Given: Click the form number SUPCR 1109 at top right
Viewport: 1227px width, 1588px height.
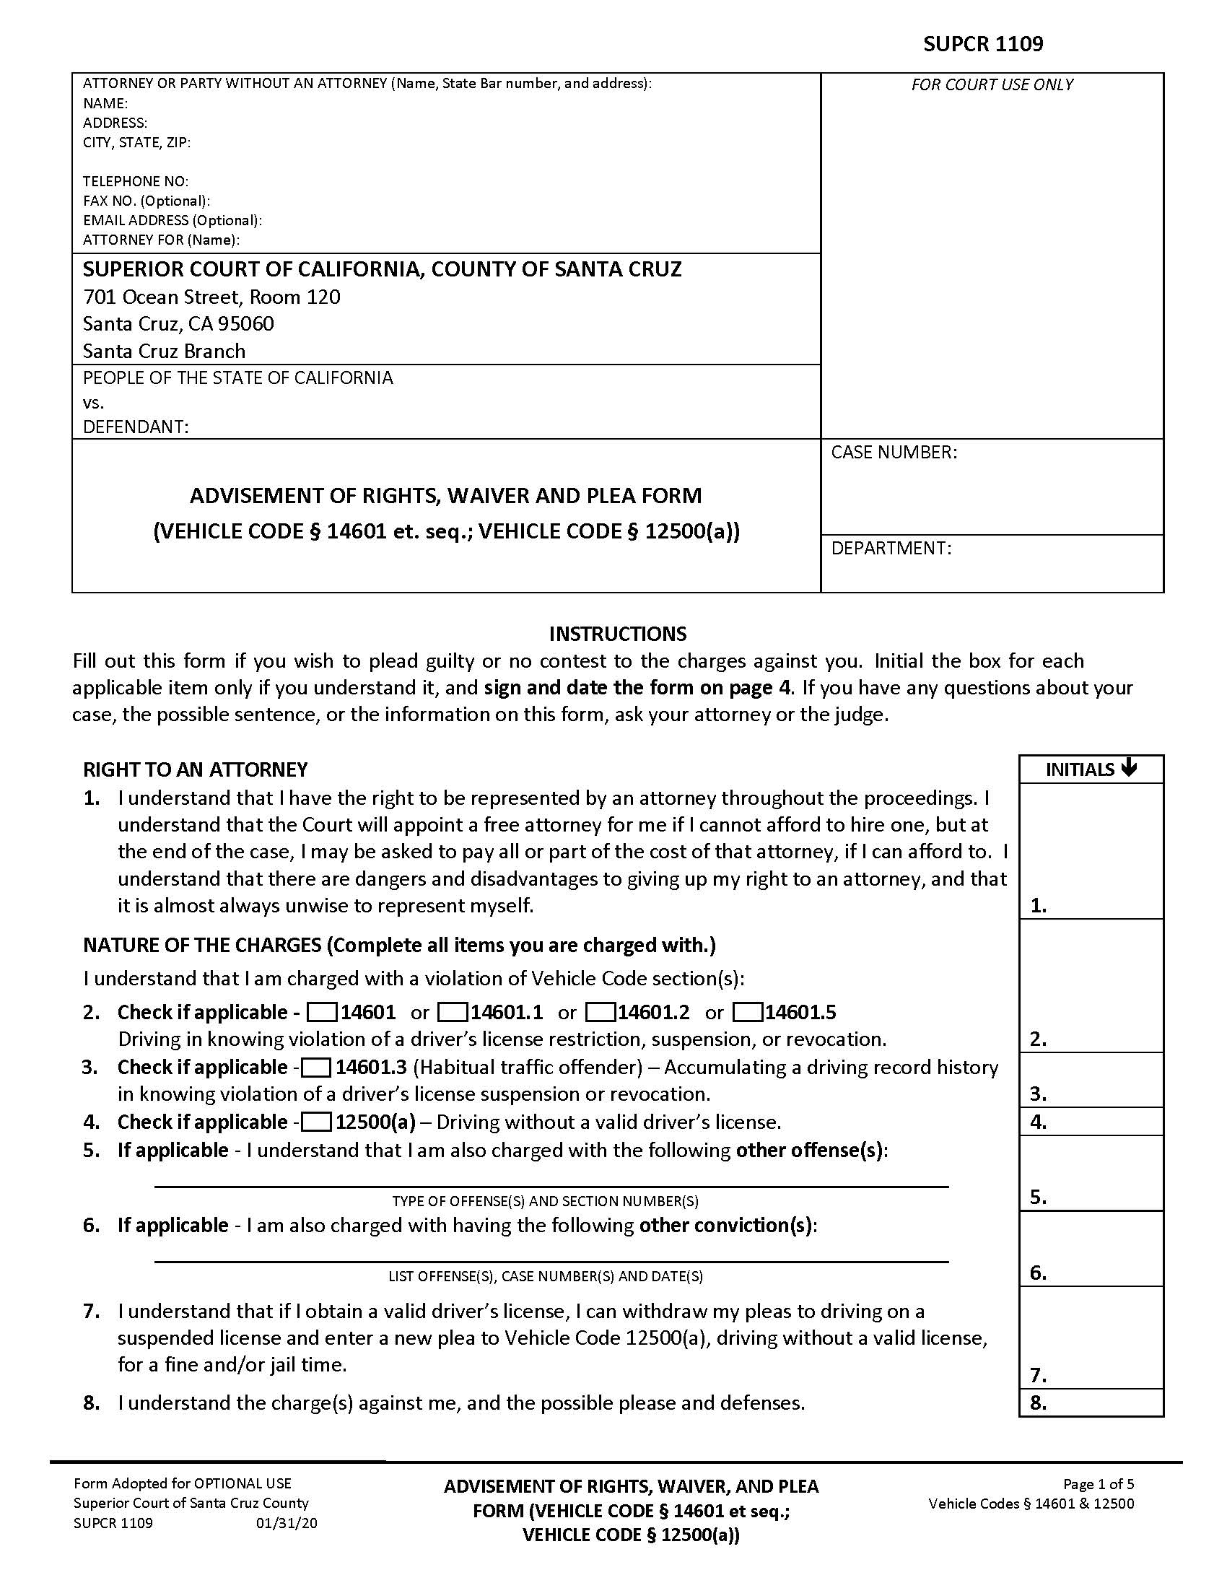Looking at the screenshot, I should [983, 44].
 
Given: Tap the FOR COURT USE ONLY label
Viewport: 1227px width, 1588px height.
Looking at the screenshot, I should [992, 85].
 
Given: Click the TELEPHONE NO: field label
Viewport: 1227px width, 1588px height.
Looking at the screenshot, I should [135, 181].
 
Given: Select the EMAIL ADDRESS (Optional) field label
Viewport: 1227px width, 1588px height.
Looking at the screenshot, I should [173, 220].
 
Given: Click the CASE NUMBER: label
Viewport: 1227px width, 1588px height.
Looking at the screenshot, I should [894, 453].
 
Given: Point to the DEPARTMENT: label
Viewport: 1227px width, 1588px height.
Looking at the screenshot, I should [891, 549].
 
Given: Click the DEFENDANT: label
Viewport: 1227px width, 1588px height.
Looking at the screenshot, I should [135, 427].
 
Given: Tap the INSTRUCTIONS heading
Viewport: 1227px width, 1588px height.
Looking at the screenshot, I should [617, 634].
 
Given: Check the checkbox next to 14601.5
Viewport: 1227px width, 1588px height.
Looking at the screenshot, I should [747, 1012].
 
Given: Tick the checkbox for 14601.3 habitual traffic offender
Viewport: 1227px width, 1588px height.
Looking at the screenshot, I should [315, 1068].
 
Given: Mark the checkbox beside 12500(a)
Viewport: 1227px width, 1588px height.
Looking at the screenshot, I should [315, 1122].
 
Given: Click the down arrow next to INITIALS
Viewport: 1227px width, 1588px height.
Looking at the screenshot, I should [1129, 769].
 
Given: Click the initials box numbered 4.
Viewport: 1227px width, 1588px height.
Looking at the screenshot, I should [1091, 1122].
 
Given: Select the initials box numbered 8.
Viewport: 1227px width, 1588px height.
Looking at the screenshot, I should [1091, 1402].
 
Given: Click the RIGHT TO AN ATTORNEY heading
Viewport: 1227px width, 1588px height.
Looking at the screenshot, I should [195, 769].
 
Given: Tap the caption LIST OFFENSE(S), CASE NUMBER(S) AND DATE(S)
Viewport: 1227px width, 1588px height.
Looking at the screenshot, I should [545, 1276].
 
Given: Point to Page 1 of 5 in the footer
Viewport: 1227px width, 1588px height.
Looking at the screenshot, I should [1098, 1484].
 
